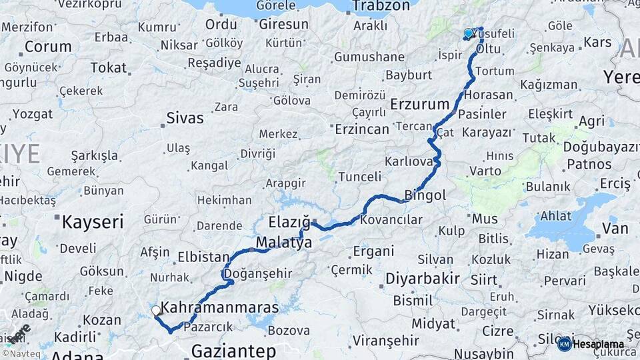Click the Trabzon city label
pos(381,6)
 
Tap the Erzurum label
pos(420,104)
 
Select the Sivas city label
pos(185,119)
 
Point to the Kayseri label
pos(93,222)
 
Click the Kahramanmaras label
pos(220,307)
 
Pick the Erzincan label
pos(361,129)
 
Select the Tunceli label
pos(360,177)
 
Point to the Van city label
pos(615,229)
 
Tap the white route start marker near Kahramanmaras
pos(156,310)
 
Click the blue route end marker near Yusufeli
pos(468,33)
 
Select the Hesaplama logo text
pos(598,345)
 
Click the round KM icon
pos(564,344)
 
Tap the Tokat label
pos(109,67)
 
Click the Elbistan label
pos(204,256)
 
